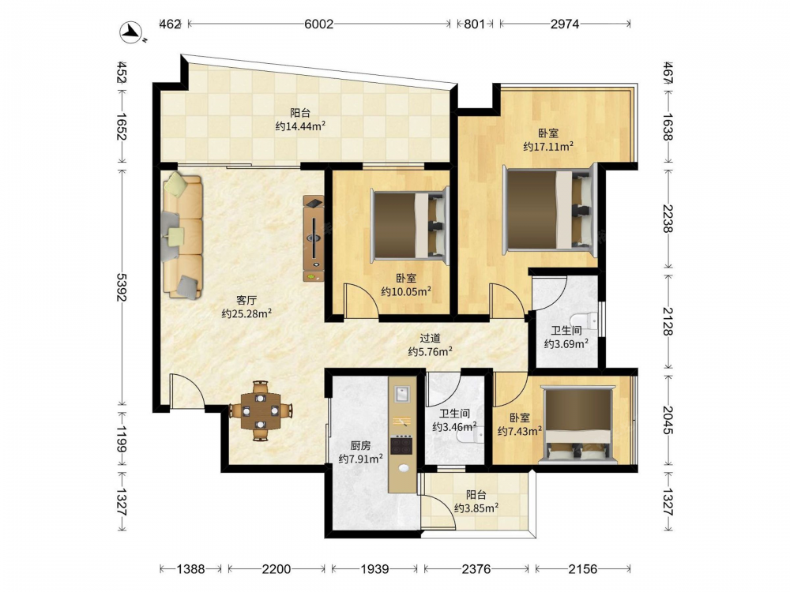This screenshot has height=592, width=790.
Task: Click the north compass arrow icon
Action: pyautogui.click(x=132, y=32)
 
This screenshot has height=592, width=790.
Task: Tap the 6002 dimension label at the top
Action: pyautogui.click(x=318, y=24)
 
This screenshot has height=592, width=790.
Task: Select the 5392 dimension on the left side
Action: pyautogui.click(x=122, y=287)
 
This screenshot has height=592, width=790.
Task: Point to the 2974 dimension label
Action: pyautogui.click(x=565, y=24)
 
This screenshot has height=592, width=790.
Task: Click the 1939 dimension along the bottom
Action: pyautogui.click(x=374, y=569)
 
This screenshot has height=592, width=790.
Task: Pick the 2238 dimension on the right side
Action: pyautogui.click(x=668, y=219)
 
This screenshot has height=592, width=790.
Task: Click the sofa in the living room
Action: pyautogui.click(x=182, y=235)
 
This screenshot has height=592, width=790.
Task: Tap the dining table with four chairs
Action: pyautogui.click(x=261, y=410)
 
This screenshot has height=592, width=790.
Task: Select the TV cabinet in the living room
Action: pyautogui.click(x=314, y=238)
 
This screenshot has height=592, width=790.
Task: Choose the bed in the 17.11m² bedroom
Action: pyautogui.click(x=550, y=209)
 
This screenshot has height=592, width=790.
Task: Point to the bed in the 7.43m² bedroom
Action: pyautogui.click(x=578, y=424)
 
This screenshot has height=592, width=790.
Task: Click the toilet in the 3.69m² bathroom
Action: pyautogui.click(x=585, y=320)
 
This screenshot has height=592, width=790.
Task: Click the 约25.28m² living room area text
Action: pyautogui.click(x=246, y=313)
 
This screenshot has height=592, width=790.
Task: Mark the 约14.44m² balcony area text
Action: pyautogui.click(x=300, y=126)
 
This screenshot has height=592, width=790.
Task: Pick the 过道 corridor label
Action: pyautogui.click(x=430, y=339)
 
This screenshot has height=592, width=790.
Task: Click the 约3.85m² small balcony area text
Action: pyautogui.click(x=476, y=508)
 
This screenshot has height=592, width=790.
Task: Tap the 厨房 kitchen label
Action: pyautogui.click(x=361, y=445)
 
